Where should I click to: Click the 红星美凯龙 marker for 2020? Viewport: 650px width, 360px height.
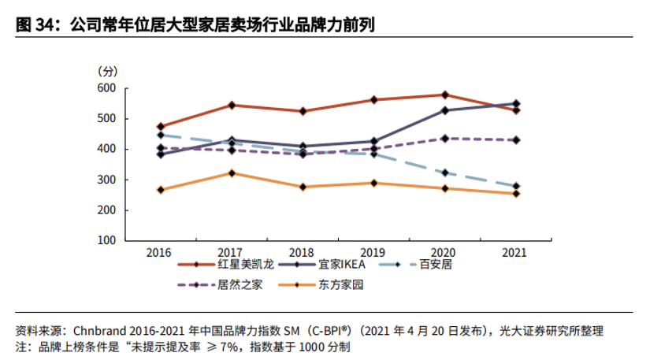pyautogui.click(x=445, y=95)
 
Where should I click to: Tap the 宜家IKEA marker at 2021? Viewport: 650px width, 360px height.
pyautogui.click(x=516, y=103)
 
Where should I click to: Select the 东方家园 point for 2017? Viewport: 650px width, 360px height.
pyautogui.click(x=232, y=173)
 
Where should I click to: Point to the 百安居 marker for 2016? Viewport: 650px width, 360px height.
pyautogui.click(x=161, y=135)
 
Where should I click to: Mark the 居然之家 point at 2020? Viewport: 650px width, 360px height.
pyautogui.click(x=445, y=138)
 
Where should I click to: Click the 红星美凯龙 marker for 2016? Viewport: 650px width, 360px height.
pyautogui.click(x=161, y=126)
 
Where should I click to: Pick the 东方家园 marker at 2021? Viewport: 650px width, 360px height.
pyautogui.click(x=516, y=193)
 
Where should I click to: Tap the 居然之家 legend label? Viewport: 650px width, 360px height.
pyautogui.click(x=240, y=284)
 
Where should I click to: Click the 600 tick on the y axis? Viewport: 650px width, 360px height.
pyautogui.click(x=106, y=88)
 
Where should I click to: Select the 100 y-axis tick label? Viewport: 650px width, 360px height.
pyautogui.click(x=106, y=241)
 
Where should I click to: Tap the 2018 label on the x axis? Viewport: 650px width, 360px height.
pyautogui.click(x=303, y=252)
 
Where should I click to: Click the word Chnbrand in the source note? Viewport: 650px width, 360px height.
pyautogui.click(x=99, y=329)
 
